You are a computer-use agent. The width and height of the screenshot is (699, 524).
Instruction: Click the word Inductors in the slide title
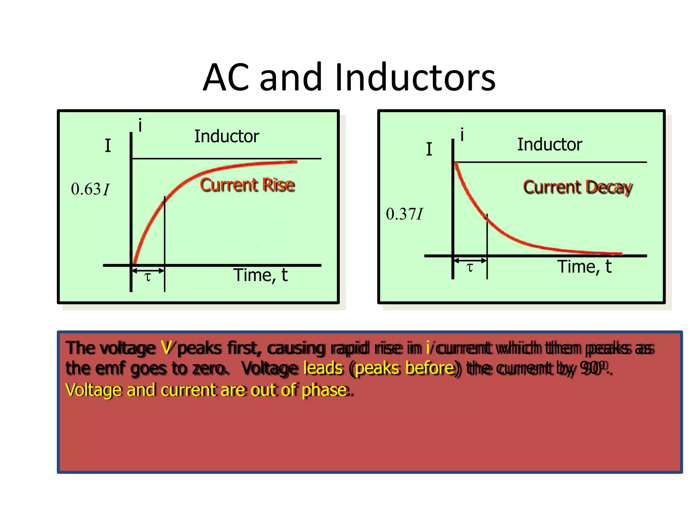(x=415, y=78)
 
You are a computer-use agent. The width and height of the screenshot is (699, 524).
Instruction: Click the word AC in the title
(x=226, y=78)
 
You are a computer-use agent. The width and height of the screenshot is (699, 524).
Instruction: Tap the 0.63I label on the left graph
(x=90, y=189)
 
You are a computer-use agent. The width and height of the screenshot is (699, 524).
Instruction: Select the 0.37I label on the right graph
(x=404, y=214)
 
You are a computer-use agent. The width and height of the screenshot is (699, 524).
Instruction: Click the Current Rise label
(x=247, y=185)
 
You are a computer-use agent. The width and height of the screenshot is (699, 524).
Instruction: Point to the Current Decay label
(x=577, y=187)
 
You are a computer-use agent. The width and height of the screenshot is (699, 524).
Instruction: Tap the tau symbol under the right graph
(x=470, y=267)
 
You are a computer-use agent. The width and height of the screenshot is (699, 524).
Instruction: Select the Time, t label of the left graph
(x=260, y=275)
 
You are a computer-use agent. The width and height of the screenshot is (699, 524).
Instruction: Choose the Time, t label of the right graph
(x=584, y=266)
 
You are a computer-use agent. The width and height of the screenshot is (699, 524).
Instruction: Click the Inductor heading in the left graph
(x=227, y=136)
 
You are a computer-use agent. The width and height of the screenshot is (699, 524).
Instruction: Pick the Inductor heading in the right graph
(x=550, y=145)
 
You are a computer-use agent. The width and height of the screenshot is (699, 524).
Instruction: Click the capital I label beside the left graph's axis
(x=108, y=146)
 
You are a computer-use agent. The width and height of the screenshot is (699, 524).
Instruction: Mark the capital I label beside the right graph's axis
(x=429, y=149)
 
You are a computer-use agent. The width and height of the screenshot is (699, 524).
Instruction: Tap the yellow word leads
(x=323, y=368)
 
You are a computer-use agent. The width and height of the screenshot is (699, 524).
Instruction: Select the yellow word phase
(x=324, y=390)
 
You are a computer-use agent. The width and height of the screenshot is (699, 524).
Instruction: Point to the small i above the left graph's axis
(x=140, y=126)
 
